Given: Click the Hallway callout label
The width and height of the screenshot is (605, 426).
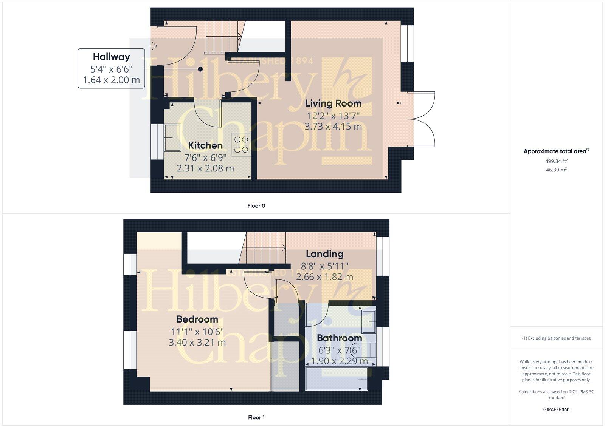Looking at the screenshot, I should point(111,57).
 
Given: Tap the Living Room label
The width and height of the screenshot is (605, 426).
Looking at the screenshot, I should point(333,103).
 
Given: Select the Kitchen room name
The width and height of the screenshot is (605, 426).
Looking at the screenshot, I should point(205,145).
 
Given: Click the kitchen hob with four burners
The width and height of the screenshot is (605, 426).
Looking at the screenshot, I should point(241,144).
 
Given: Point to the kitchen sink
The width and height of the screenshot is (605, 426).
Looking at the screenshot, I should point(172,137).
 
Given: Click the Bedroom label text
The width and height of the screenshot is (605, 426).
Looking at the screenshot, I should point(197,319).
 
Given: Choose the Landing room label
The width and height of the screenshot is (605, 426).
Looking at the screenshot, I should point(324,254).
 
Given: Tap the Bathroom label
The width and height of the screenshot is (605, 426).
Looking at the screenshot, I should point(339,338).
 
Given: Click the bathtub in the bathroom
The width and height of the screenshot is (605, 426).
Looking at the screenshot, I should point(337,379).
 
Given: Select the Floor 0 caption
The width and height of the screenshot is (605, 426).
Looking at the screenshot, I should point(256,206).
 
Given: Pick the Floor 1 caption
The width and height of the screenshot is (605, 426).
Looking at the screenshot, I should point(256,417).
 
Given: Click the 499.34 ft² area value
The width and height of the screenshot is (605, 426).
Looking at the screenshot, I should point(556,161).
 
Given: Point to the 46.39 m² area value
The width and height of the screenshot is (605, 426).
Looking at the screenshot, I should point(556,170).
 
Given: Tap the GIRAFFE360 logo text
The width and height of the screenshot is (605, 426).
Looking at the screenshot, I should point(556,409).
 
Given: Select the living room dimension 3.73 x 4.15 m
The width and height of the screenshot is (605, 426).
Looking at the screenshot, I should point(333,127).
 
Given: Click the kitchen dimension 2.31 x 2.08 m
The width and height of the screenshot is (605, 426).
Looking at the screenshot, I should point(205,168).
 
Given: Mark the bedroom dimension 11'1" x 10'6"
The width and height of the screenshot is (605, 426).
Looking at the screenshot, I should point(197,332).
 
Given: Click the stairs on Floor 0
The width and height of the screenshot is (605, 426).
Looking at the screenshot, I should point(223,36).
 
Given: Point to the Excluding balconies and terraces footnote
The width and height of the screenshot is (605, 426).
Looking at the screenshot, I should point(556,338).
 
